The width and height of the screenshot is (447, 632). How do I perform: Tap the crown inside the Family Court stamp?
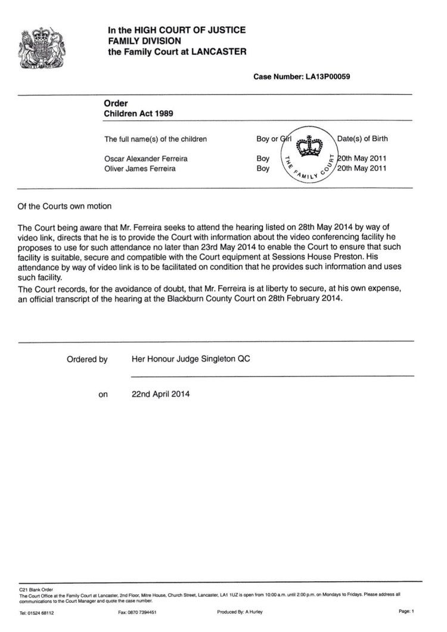309,146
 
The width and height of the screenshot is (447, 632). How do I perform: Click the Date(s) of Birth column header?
362,139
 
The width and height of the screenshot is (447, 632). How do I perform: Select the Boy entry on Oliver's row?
263,168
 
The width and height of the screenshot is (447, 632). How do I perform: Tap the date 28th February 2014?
303,300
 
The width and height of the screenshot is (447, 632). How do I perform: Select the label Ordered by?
87,359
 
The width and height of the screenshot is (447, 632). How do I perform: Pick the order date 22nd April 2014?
161,394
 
